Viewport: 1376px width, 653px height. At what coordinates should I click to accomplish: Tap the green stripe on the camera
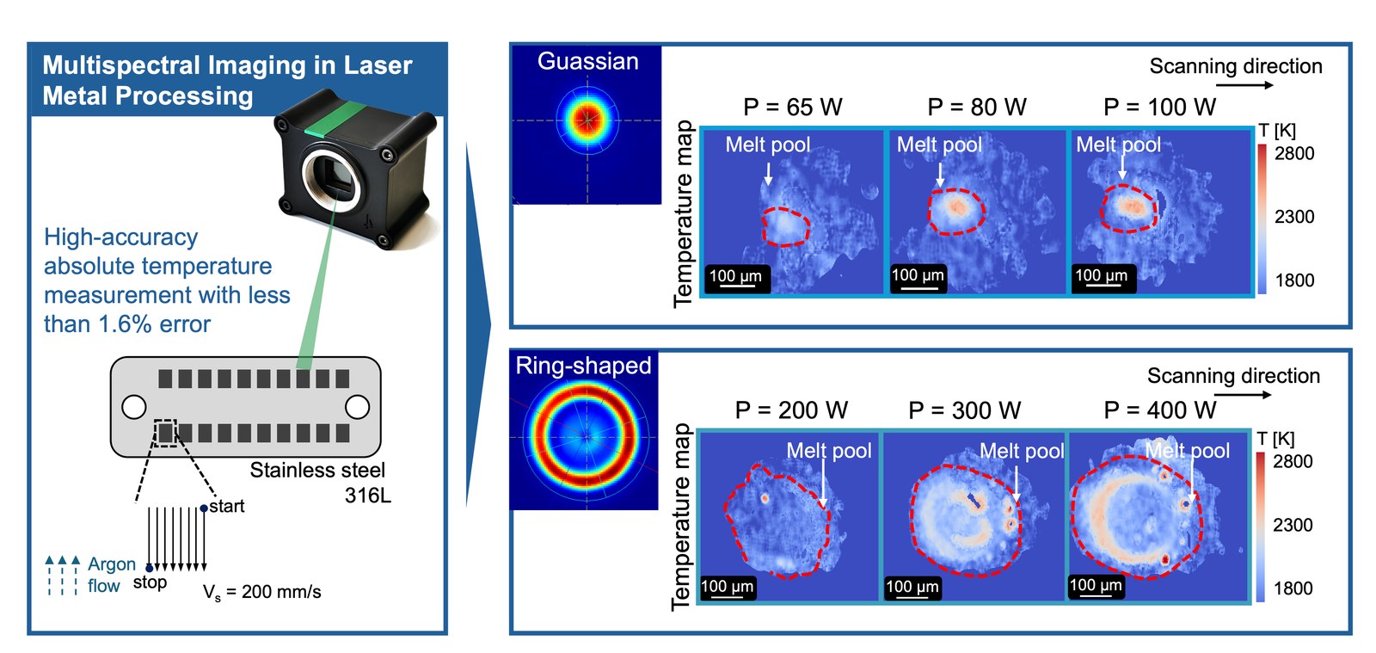335,120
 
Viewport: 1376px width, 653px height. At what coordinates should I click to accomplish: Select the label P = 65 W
792,107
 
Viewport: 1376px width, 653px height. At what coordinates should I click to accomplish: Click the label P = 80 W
977,107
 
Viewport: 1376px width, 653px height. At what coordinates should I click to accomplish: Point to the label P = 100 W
1160,107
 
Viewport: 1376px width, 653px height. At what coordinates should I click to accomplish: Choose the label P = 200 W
791,410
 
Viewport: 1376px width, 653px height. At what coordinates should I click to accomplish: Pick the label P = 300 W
964,410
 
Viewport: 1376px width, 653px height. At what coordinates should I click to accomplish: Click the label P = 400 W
1160,410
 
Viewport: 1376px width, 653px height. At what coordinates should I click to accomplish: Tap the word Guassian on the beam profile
588,61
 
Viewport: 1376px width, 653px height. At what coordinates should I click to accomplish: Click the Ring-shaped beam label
584,366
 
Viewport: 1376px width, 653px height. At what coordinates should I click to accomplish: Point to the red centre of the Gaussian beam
588,120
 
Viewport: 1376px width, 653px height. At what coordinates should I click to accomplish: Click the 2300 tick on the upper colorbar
1294,217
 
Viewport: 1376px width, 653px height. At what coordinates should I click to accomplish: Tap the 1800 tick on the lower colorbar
1293,588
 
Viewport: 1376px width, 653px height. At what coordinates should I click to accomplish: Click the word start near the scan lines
227,506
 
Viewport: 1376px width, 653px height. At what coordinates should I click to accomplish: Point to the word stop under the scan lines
150,582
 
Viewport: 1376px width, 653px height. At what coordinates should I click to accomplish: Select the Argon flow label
111,575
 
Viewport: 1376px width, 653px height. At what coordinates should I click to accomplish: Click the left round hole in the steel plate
134,407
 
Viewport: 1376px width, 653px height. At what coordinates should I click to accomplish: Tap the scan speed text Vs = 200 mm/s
261,592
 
